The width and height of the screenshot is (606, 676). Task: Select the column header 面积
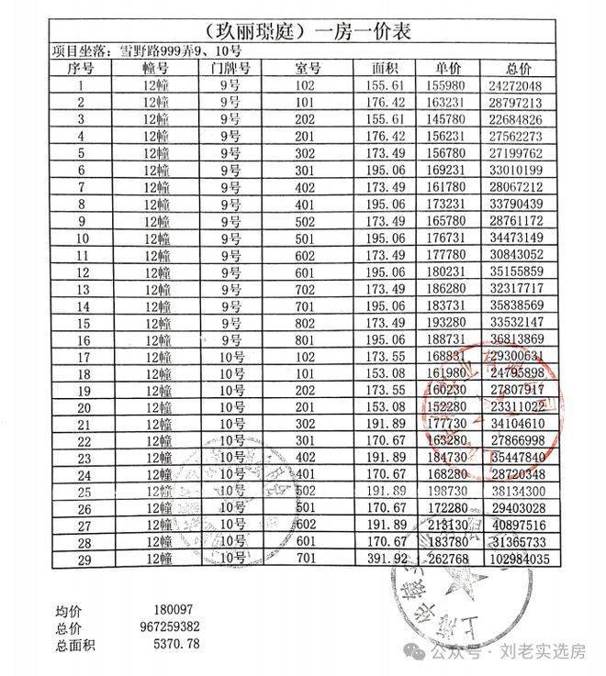[385, 69]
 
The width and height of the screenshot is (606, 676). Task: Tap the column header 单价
[449, 69]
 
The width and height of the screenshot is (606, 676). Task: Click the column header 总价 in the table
[519, 69]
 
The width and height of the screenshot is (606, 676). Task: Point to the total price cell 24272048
[519, 85]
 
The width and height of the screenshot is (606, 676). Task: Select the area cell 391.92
[385, 558]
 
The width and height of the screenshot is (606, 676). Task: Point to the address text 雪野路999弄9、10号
[156, 51]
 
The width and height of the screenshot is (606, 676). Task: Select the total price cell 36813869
[519, 338]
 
